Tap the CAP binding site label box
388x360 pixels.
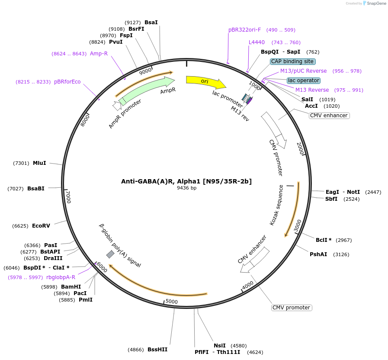pos(292,61)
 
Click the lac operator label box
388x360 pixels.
pos(304,80)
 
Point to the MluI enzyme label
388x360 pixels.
pos(39,163)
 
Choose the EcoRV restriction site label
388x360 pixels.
pos(41,226)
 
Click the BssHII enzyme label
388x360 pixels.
pos(157,349)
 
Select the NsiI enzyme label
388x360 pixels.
pos(220,345)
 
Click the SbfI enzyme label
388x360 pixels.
pos(331,199)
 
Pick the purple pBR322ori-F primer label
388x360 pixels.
pos(245,30)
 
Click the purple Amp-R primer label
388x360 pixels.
pos(99,54)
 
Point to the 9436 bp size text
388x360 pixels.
pos(186,188)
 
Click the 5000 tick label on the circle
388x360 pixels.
pos(172,302)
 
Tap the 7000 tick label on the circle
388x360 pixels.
pos(68,197)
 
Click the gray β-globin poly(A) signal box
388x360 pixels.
pos(110,254)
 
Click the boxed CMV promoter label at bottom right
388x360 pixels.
pos(292,308)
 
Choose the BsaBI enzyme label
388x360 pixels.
pos(36,189)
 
